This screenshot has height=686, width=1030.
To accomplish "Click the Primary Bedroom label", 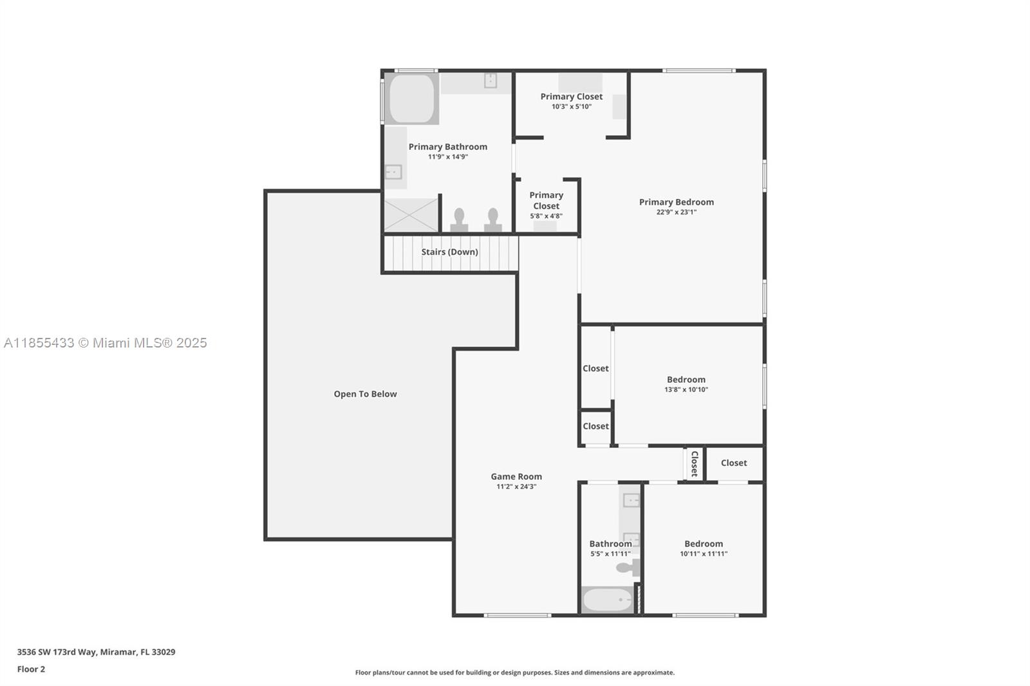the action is coord(677,202).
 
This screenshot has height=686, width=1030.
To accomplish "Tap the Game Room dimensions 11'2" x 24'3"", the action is coord(516,487).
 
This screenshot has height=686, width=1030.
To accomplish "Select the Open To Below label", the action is coord(365,394).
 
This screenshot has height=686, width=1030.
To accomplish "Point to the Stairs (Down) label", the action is coord(450,252).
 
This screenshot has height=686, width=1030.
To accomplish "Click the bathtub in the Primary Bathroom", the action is coord(411,99).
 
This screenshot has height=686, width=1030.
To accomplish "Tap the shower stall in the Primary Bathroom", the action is coord(411,215).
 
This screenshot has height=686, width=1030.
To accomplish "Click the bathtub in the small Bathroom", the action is coord(608,600).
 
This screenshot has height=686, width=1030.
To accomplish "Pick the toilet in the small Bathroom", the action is coord(628,568).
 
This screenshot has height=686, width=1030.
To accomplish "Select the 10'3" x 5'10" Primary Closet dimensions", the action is coord(572,107).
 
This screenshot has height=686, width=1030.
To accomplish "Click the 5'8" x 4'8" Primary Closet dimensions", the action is coord(547,216).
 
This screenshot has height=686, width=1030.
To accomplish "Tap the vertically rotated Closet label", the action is coord(695,463).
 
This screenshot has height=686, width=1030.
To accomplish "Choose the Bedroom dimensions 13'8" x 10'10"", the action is coord(686,389).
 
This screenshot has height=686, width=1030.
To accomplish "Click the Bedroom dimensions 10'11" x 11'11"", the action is coord(704,553).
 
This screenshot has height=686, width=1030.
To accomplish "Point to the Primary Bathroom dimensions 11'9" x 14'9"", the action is coord(448,157).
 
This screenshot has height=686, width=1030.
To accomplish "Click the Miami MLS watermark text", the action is coord(106,343).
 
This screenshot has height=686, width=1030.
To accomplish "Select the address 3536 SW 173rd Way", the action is coord(57,652).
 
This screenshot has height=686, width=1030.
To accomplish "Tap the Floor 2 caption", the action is coord(32,669).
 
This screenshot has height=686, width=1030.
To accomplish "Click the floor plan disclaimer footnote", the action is coord(514,672).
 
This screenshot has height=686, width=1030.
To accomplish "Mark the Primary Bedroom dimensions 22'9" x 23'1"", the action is coord(677,212).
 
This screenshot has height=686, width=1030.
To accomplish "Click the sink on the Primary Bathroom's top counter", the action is coord(490,80).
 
